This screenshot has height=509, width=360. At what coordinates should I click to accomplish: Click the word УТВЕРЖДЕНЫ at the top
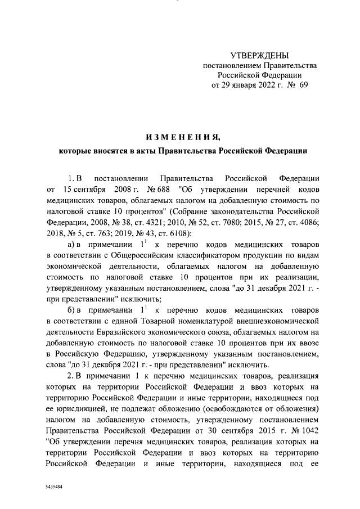(x=259, y=55)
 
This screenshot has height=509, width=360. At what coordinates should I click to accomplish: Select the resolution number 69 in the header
(x=304, y=85)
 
